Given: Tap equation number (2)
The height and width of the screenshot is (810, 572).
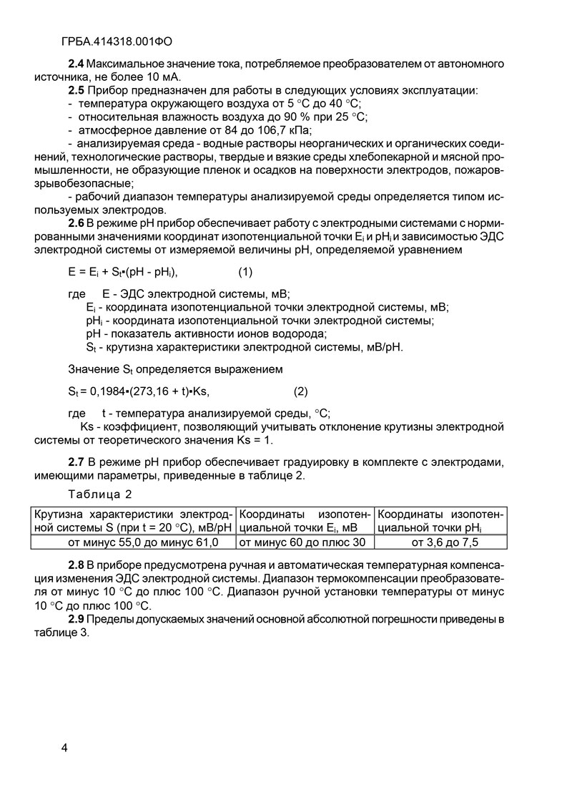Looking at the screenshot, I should (301, 391).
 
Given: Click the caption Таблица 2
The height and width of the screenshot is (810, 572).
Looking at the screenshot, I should (100, 494).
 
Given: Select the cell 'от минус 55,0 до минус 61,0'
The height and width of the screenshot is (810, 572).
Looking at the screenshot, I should (132, 542).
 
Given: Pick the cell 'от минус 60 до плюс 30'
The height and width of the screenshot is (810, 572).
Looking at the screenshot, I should (301, 542).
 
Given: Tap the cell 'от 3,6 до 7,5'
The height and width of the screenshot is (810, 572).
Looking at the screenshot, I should (440, 542).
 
